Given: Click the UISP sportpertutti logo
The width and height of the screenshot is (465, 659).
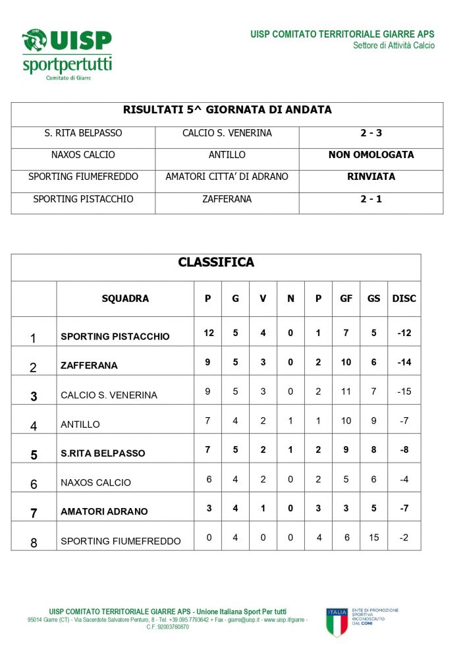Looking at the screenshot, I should click(67, 54).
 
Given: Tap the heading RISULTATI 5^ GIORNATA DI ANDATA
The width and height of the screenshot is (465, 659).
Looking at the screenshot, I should click(227, 110).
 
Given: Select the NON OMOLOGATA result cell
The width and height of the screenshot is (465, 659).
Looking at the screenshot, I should click(371, 155).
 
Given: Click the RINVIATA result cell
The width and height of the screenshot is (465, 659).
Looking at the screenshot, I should click(371, 177).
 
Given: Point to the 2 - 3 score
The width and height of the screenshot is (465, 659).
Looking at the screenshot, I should click(371, 133).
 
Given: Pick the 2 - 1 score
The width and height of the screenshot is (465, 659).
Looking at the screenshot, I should click(371, 199).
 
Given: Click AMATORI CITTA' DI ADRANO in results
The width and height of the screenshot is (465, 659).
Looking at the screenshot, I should click(227, 177).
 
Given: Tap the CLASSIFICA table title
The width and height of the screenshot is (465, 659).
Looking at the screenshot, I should click(216, 263).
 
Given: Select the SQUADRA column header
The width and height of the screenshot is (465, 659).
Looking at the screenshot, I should click(125, 299).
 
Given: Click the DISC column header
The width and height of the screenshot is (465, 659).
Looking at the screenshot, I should click(404, 299).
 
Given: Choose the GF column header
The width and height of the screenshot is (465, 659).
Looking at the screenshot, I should click(346, 299).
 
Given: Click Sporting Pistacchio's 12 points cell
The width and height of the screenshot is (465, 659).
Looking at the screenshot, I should click(208, 333).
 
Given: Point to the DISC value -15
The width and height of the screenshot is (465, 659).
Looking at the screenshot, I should click(404, 391).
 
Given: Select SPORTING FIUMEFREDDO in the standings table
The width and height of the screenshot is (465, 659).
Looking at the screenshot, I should click(121, 541).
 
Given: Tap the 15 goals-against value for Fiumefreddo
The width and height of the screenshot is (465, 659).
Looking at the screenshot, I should click(373, 538).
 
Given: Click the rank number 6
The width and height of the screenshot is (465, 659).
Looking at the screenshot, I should click(34, 484).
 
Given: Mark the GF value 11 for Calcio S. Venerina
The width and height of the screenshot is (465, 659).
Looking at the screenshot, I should click(346, 391).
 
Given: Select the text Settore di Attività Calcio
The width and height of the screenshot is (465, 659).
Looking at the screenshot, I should click(393, 45).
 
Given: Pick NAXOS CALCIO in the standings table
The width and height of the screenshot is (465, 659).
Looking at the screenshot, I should click(96, 482).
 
